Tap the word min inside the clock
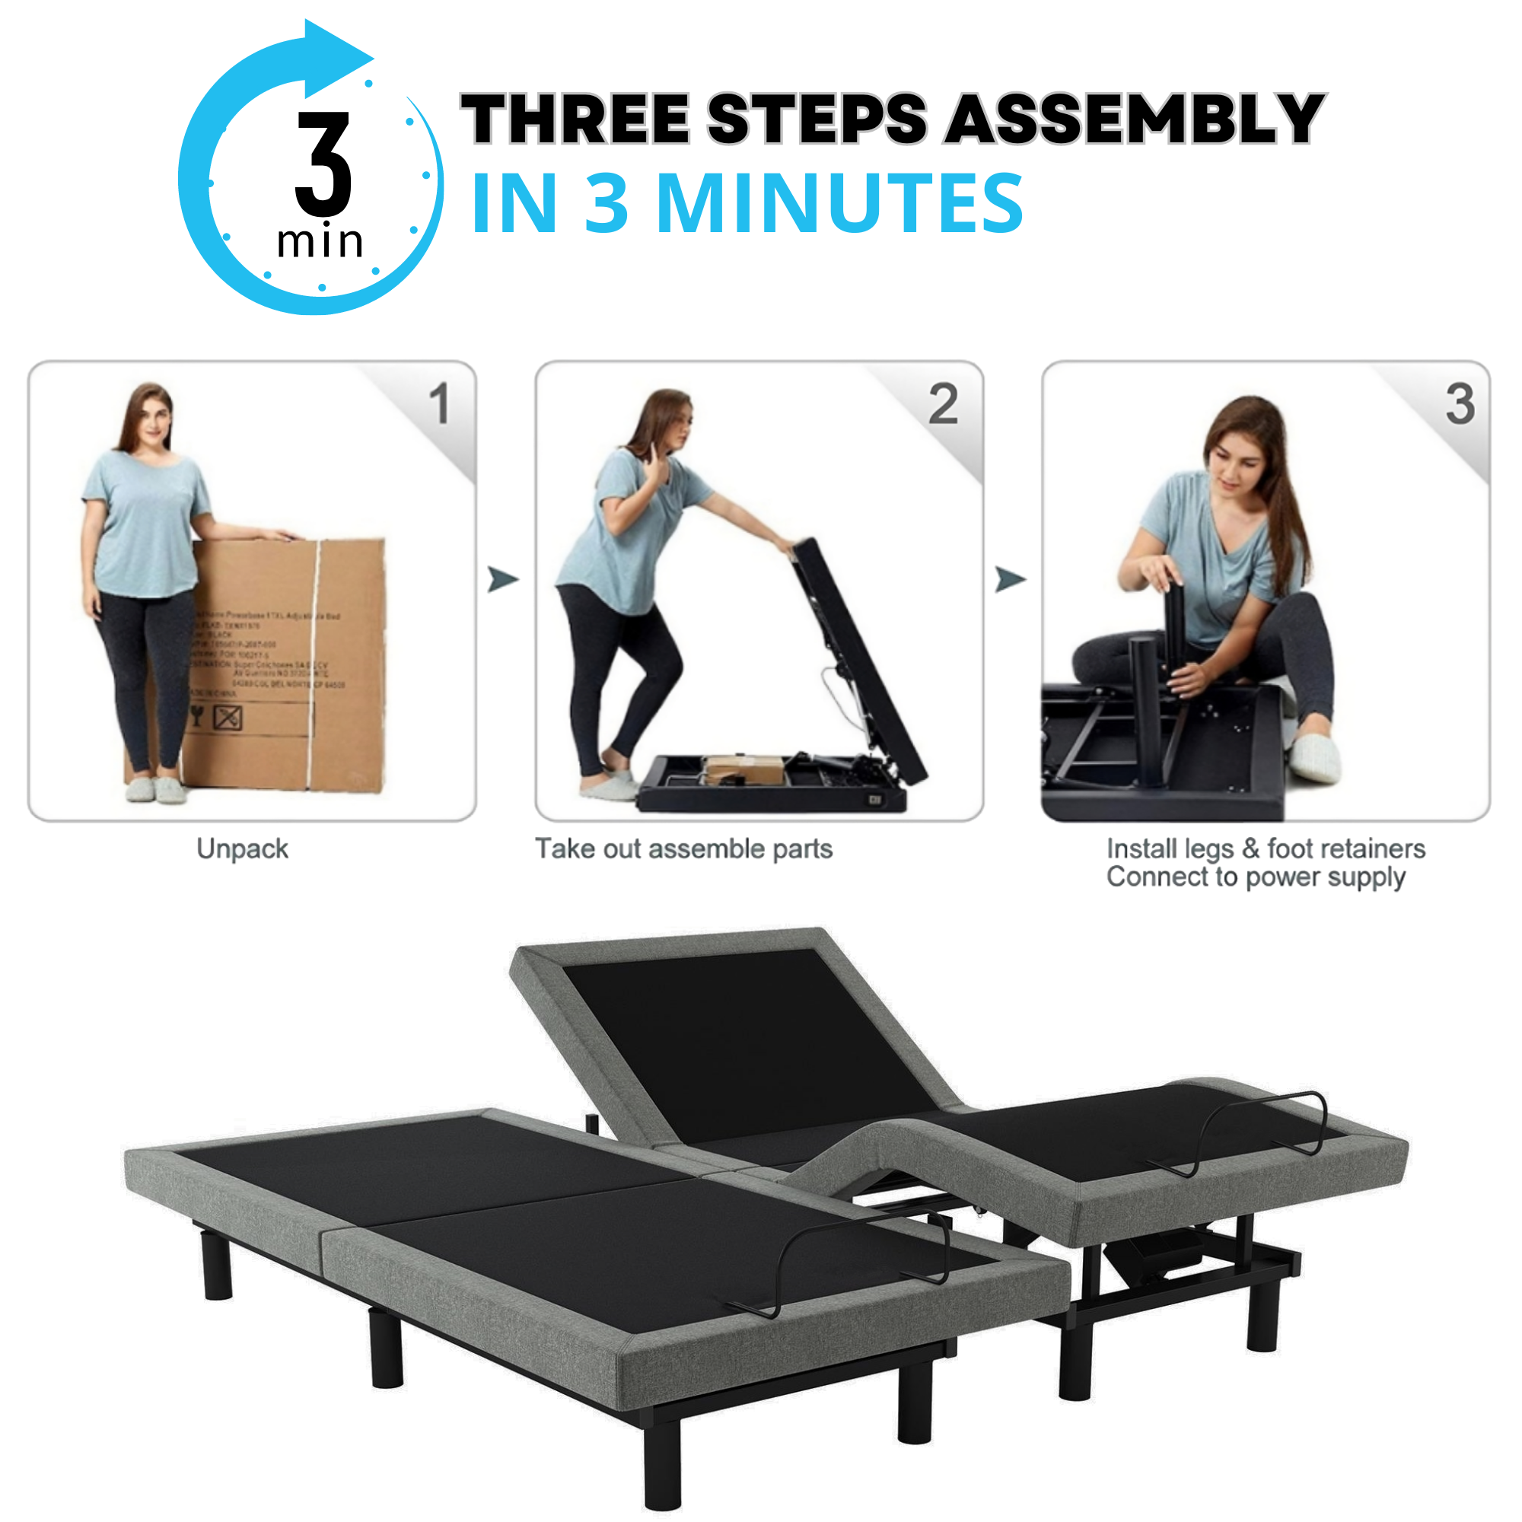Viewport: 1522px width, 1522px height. point(319,242)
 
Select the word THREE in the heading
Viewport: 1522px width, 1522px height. point(575,119)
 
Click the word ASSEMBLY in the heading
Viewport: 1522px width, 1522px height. point(1135,119)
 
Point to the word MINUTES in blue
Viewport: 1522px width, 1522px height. point(839,204)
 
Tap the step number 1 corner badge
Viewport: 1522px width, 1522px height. point(440,404)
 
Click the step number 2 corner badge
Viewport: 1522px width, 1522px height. point(943,404)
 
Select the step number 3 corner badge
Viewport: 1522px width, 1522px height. point(1459,404)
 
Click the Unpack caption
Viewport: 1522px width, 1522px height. point(243,849)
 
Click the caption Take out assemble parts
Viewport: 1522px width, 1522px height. point(684,849)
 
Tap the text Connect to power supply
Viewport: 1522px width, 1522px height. point(1256,877)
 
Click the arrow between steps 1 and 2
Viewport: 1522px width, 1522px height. point(502,579)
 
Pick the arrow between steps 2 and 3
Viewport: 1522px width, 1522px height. point(1010,579)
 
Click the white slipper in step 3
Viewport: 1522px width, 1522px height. point(1317,756)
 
